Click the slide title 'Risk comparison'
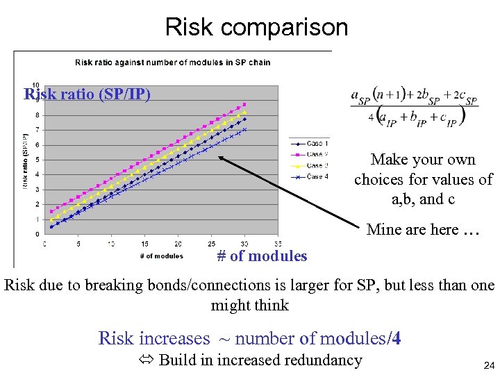point(256,27)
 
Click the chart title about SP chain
point(172,62)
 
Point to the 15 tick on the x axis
point(144,244)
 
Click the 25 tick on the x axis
point(211,244)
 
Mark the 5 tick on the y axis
point(37,160)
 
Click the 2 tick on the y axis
point(37,204)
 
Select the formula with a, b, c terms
point(415,106)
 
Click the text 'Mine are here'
point(412,230)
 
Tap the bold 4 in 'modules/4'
point(396,338)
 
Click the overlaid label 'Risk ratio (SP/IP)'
point(87,94)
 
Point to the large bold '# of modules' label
point(262,256)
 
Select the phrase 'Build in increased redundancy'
point(260,360)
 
